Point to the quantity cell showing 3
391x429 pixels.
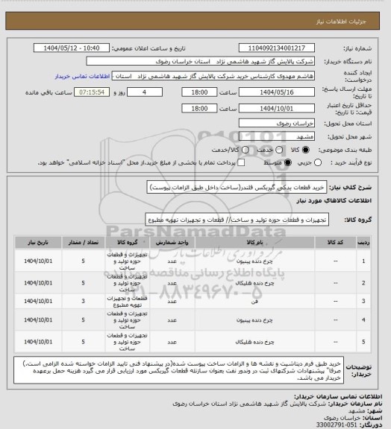click(x=82, y=302)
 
